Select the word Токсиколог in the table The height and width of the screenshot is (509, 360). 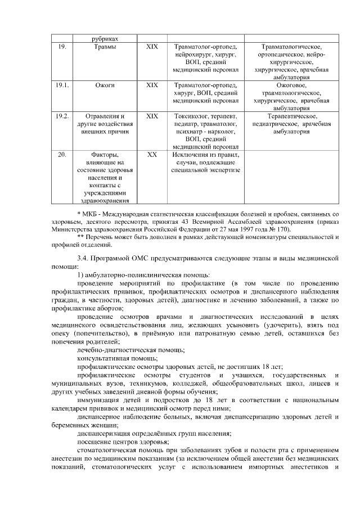coord(186,116)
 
